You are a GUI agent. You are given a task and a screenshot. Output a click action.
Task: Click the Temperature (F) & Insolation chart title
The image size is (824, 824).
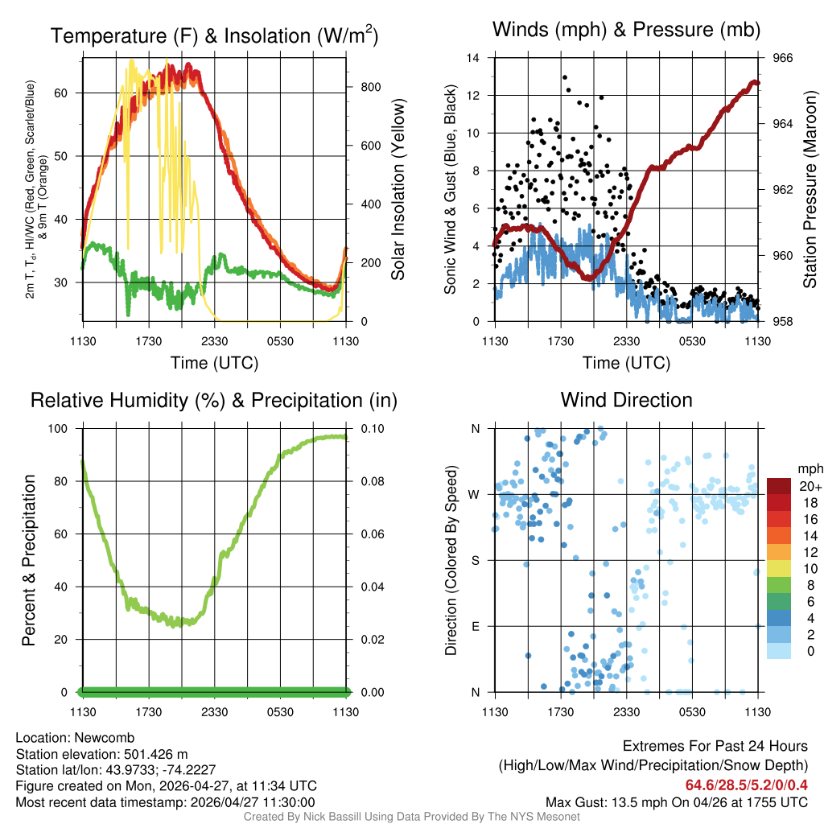click(x=214, y=36)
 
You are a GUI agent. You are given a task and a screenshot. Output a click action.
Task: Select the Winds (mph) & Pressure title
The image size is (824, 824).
click(x=626, y=31)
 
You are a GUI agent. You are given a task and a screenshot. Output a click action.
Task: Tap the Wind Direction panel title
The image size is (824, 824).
click(x=626, y=400)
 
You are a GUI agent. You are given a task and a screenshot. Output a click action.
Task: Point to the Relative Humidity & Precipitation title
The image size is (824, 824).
click(x=213, y=400)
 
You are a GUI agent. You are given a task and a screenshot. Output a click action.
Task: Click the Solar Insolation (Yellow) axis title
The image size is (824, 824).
click(x=398, y=189)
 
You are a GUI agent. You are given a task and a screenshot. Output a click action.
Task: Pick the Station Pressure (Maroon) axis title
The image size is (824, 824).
click(x=810, y=189)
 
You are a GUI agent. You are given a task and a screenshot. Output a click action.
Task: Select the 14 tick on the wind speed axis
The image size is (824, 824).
click(x=473, y=58)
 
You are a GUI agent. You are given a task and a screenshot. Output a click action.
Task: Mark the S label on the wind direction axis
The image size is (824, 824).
click(x=476, y=560)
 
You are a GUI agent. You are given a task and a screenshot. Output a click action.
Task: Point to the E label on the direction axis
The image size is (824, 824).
click(x=476, y=626)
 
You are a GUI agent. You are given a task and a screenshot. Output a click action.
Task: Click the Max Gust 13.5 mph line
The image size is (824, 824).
click(x=676, y=802)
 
